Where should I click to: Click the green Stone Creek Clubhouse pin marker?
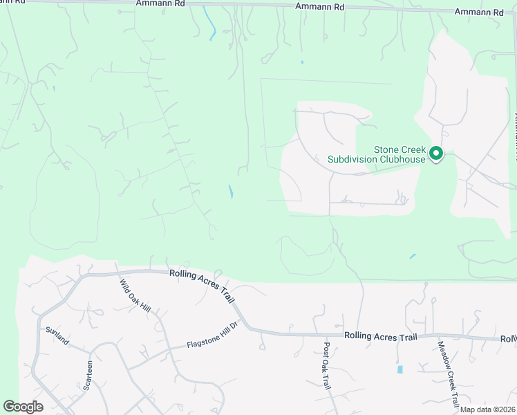click(x=436, y=153)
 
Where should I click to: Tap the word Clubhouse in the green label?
click(x=400, y=159)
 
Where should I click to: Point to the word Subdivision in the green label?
click(x=352, y=159)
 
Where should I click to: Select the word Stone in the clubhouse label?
click(x=406, y=149)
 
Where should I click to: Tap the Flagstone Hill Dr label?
click(x=211, y=336)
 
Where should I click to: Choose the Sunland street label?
click(x=58, y=337)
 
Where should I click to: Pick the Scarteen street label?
click(x=88, y=376)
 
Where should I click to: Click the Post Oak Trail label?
click(x=328, y=366)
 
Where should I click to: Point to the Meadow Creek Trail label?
click(x=447, y=373)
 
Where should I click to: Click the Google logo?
click(x=23, y=407)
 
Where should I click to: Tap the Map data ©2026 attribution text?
click(x=487, y=409)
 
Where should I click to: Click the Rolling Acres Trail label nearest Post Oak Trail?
click(x=381, y=336)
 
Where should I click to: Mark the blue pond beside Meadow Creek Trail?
click(x=400, y=369)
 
